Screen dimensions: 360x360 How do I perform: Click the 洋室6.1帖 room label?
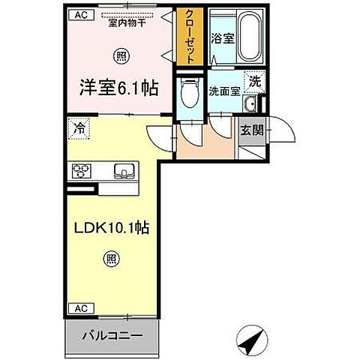coord(119,87)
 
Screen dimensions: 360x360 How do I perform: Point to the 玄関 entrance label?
coord(250,128)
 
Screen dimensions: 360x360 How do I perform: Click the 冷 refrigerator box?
coord(78,129)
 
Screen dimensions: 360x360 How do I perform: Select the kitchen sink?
coord(122,172)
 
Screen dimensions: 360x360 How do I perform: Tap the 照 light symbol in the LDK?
coord(109,260)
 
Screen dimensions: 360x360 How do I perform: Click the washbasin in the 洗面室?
coord(253,103)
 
